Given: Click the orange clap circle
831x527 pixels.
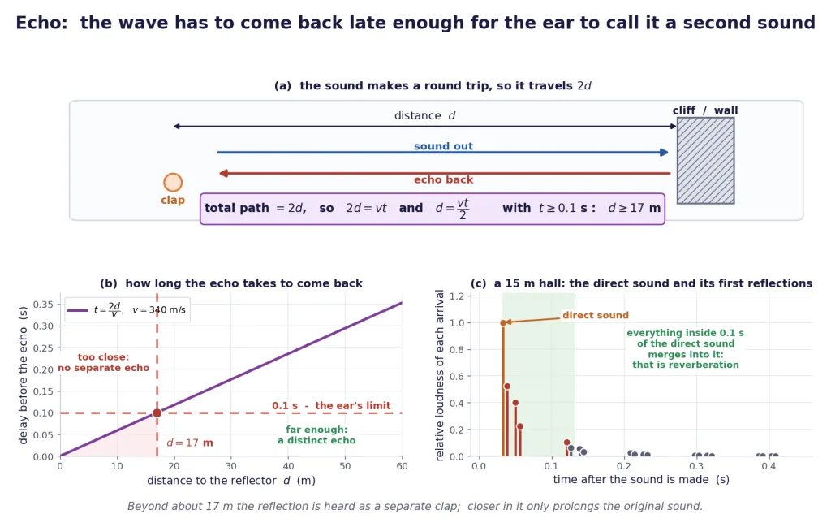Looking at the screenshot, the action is pos(173,183).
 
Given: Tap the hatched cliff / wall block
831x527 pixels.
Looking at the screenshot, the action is pos(705,160).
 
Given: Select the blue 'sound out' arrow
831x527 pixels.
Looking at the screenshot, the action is pos(442,153).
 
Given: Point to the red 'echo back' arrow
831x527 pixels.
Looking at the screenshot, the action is pos(445,174).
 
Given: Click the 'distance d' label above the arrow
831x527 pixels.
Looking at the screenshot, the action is pos(424,115).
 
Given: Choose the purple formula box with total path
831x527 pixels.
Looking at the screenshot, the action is pos(433,209).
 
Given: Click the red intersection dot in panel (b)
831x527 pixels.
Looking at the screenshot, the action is pos(157,413).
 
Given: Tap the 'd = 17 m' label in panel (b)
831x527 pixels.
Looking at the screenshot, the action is pos(190,443).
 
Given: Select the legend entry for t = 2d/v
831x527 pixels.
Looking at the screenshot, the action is pos(127,310).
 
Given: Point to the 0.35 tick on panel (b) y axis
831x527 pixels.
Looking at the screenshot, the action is pos(43,305).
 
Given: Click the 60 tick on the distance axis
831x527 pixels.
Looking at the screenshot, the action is pos(403,466).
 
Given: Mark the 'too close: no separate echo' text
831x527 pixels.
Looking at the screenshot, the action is pos(103,363).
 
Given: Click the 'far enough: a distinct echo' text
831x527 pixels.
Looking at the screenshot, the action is pos(316,434).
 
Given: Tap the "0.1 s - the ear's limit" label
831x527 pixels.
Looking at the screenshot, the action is pos(331,405).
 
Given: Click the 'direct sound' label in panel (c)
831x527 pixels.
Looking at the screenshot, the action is pos(596,315).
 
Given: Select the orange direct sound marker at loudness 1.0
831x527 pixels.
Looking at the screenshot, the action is pos(503,322).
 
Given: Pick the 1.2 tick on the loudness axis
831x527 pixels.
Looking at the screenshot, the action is pos(457,296).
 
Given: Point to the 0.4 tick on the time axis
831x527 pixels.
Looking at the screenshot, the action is pos(769,466).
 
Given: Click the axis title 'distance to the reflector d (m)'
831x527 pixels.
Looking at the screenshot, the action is pos(231,481).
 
